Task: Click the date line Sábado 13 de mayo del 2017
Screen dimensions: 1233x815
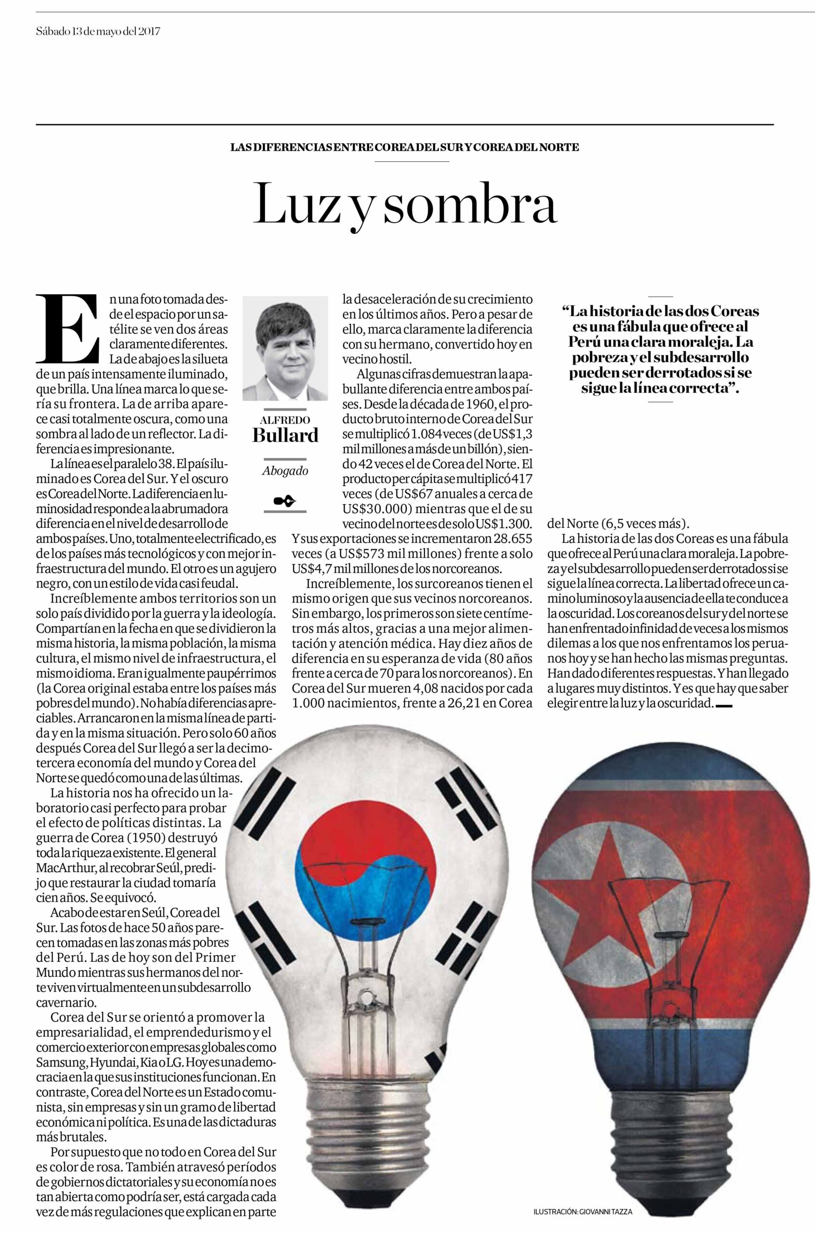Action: pos(98,31)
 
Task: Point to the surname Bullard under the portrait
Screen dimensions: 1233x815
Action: pos(285,435)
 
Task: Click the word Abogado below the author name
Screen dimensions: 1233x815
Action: pos(285,471)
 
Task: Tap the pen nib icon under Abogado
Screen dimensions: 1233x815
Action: pos(285,501)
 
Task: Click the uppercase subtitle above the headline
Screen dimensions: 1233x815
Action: pos(404,147)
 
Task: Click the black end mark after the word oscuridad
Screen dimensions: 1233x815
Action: pos(724,705)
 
